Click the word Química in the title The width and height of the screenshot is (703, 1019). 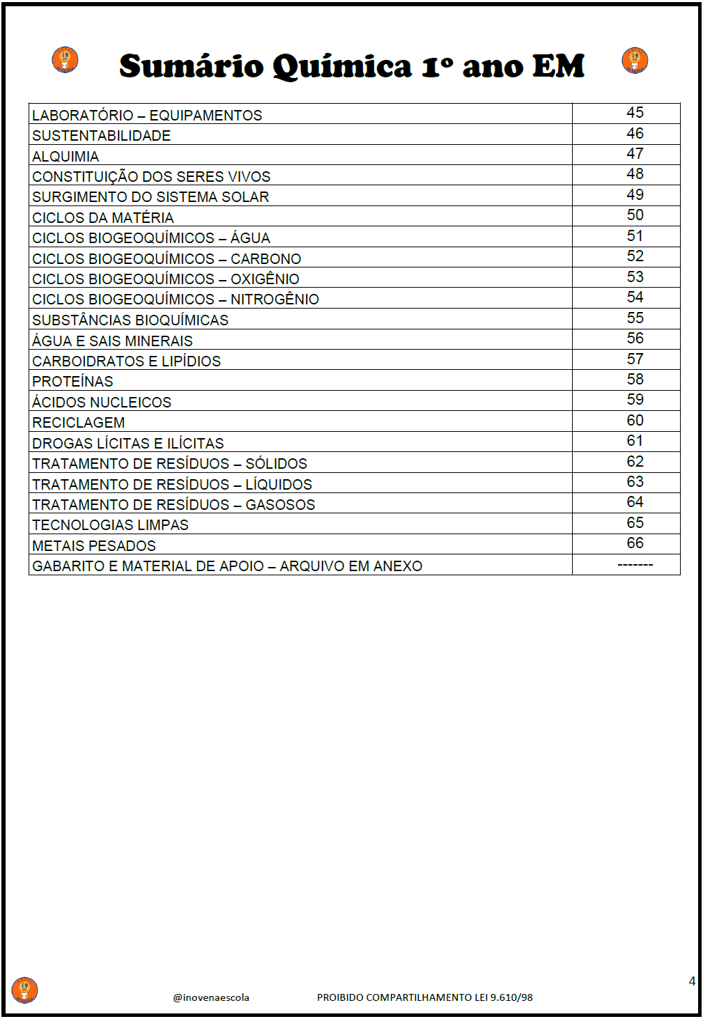pyautogui.click(x=342, y=67)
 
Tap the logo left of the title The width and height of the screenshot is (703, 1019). pyautogui.click(x=65, y=60)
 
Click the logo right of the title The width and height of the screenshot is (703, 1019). pyautogui.click(x=635, y=60)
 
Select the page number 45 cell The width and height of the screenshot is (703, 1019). pyautogui.click(x=635, y=113)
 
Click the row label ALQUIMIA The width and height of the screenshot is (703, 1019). pyautogui.click(x=65, y=157)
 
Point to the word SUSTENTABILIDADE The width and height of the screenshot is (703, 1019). pyautogui.click(x=101, y=136)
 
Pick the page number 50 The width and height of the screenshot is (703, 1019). pyautogui.click(x=635, y=215)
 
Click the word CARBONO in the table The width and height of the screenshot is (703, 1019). pyautogui.click(x=265, y=259)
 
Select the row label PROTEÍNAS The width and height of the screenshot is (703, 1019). pyautogui.click(x=72, y=382)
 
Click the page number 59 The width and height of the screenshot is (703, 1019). pyautogui.click(x=635, y=400)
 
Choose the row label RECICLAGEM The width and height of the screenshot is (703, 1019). pyautogui.click(x=78, y=423)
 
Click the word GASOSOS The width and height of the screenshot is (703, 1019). pyautogui.click(x=280, y=505)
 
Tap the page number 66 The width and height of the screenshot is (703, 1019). pyautogui.click(x=635, y=543)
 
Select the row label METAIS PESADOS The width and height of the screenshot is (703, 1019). pyautogui.click(x=94, y=546)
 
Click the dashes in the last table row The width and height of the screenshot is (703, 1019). pyautogui.click(x=635, y=565)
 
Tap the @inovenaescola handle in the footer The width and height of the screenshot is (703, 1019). pyautogui.click(x=211, y=997)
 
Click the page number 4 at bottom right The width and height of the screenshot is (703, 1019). pyautogui.click(x=692, y=981)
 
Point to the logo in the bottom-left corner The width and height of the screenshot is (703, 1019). pyautogui.click(x=24, y=990)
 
